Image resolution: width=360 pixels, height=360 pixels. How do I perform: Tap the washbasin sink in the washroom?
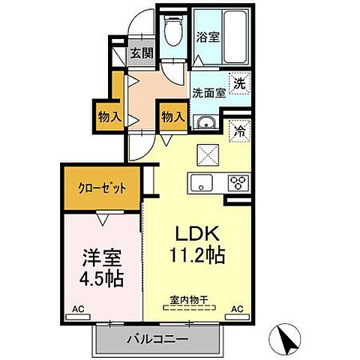coord(205,123)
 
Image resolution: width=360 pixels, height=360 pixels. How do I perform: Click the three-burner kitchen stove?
coord(238,181)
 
